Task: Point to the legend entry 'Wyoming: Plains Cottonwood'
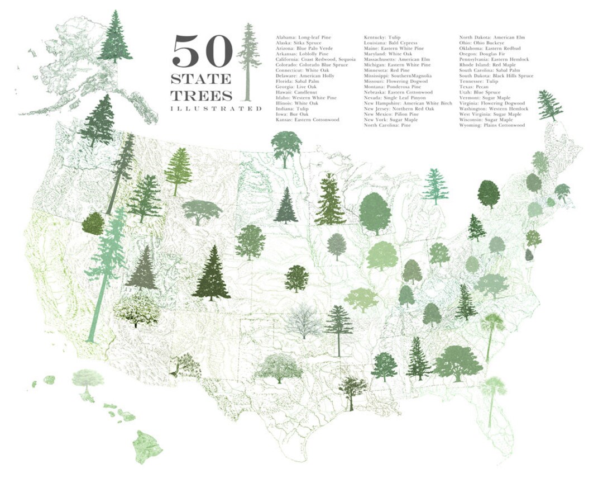492,126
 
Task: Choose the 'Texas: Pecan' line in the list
473,87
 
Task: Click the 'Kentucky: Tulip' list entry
382,37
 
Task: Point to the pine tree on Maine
550,105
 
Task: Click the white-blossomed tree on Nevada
136,308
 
